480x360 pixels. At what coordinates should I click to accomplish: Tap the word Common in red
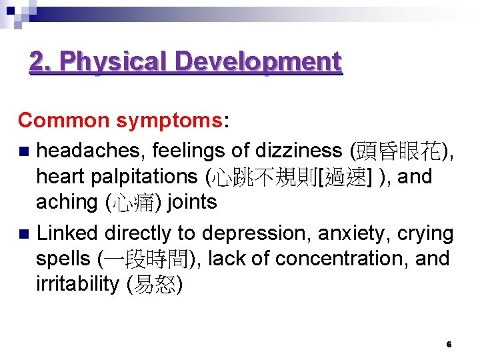click(63, 121)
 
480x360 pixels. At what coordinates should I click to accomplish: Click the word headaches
click(91, 151)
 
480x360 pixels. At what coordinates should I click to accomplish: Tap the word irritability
click(77, 285)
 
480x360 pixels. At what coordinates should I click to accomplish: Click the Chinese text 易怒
click(153, 285)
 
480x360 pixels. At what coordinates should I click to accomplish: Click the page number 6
click(449, 345)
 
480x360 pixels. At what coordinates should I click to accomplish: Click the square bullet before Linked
click(25, 234)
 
